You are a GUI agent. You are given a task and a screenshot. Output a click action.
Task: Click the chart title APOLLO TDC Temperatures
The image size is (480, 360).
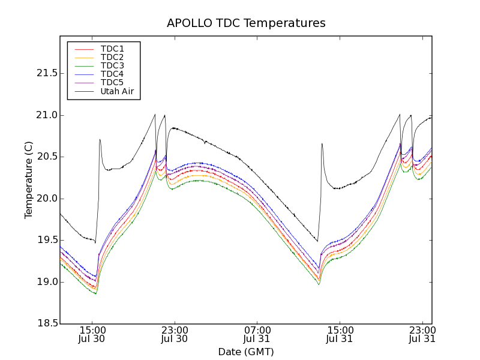pyautogui.click(x=246, y=23)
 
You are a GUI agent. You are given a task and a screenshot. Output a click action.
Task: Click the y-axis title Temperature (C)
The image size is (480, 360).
pyautogui.click(x=29, y=179)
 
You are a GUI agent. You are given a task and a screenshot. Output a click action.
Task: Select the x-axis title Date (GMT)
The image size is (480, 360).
pyautogui.click(x=246, y=352)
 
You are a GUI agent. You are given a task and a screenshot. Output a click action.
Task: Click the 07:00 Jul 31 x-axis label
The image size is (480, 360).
pyautogui.click(x=257, y=334)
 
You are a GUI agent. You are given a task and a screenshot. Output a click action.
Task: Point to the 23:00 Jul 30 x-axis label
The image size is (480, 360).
pyautogui.click(x=175, y=334)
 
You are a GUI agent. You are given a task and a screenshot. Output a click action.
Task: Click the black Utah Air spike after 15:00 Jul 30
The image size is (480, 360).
pyautogui.click(x=100, y=140)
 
